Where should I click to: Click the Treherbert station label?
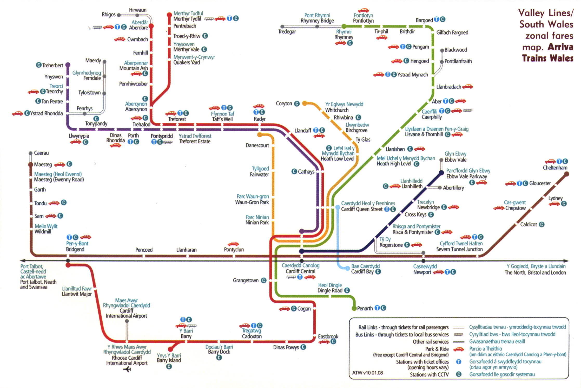click(x=52, y=65)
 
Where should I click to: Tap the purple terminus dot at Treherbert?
click(x=68, y=65)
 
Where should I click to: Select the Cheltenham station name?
click(x=555, y=168)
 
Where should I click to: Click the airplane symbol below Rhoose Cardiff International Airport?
click(x=127, y=369)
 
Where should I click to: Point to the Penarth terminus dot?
click(x=354, y=309)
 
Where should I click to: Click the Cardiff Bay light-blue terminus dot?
click(x=347, y=268)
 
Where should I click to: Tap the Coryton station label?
click(x=284, y=104)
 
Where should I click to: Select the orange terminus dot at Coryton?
click(x=305, y=104)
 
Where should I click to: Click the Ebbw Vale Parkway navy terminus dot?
click(x=441, y=173)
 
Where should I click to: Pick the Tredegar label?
click(x=287, y=32)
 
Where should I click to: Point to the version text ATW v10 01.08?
click(x=367, y=373)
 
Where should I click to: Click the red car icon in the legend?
click(x=459, y=349)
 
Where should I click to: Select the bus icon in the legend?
click(x=458, y=335)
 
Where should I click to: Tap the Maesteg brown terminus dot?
click(x=31, y=164)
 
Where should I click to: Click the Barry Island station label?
click(x=169, y=360)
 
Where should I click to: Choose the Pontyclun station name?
click(x=234, y=250)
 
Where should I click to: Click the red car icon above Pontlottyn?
click(x=363, y=11)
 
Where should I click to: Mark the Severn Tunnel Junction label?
click(x=459, y=249)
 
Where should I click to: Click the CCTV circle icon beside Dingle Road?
click(x=347, y=290)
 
